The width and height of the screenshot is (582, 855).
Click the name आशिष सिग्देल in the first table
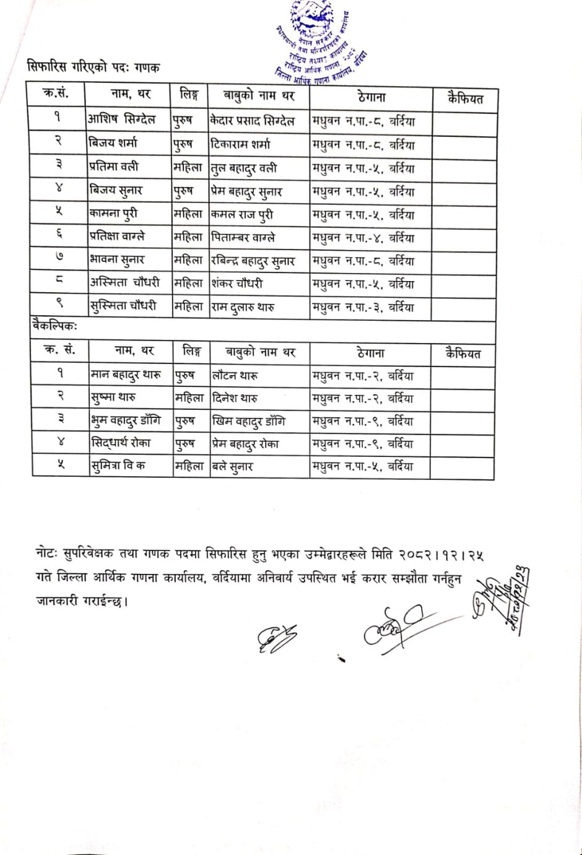coord(121,119)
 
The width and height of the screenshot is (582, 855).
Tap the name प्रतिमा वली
coord(114,167)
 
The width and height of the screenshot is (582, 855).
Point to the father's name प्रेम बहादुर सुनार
coord(246,192)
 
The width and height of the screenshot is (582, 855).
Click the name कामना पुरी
coord(113,214)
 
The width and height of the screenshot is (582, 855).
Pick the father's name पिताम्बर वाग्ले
coord(243,238)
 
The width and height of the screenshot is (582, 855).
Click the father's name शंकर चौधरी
coord(237,284)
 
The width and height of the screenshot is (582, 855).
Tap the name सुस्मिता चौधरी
coord(123,306)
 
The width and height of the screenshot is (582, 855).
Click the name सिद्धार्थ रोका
coord(121,444)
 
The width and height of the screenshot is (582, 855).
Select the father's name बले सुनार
coord(232,467)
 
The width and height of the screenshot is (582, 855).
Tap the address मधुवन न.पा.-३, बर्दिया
coord(363,308)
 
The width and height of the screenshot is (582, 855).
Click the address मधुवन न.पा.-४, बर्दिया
coord(363,238)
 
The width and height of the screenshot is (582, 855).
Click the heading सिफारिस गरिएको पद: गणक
coord(93,67)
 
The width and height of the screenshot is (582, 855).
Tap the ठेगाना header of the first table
coord(371,97)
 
